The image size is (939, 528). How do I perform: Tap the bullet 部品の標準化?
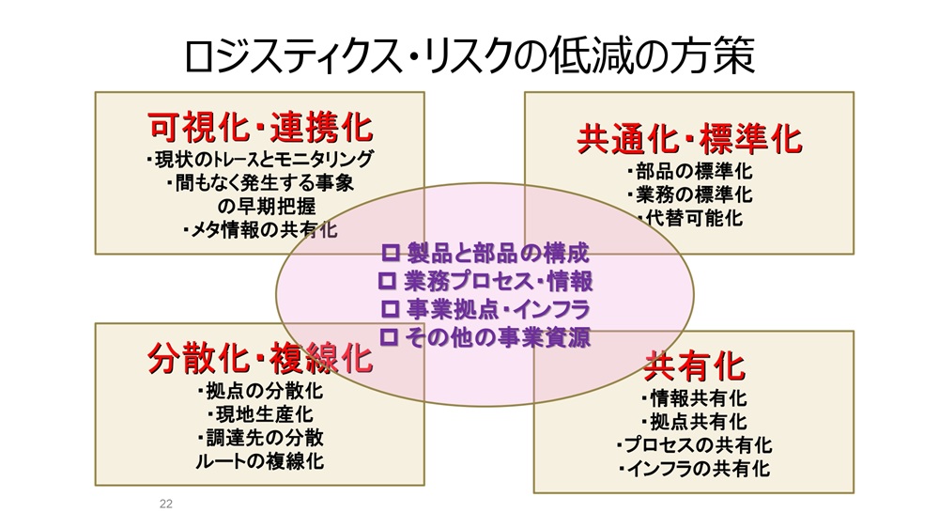coord(689,172)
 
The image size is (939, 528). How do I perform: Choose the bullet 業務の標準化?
coord(689,195)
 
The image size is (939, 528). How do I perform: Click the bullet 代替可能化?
coord(689,219)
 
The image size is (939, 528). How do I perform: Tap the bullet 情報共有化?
coord(694,398)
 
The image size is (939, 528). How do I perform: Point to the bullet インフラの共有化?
coord(694,468)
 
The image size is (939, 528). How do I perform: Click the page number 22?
coord(166,505)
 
